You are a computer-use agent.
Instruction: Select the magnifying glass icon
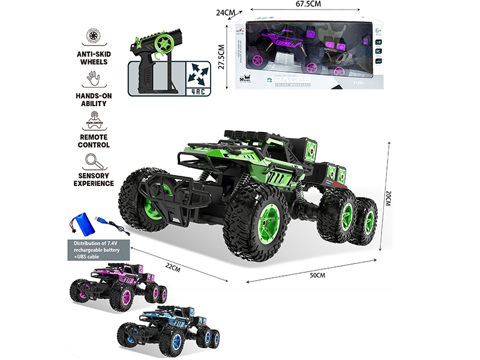pos(93,161)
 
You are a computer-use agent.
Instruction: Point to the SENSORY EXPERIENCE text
pos(93,179)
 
